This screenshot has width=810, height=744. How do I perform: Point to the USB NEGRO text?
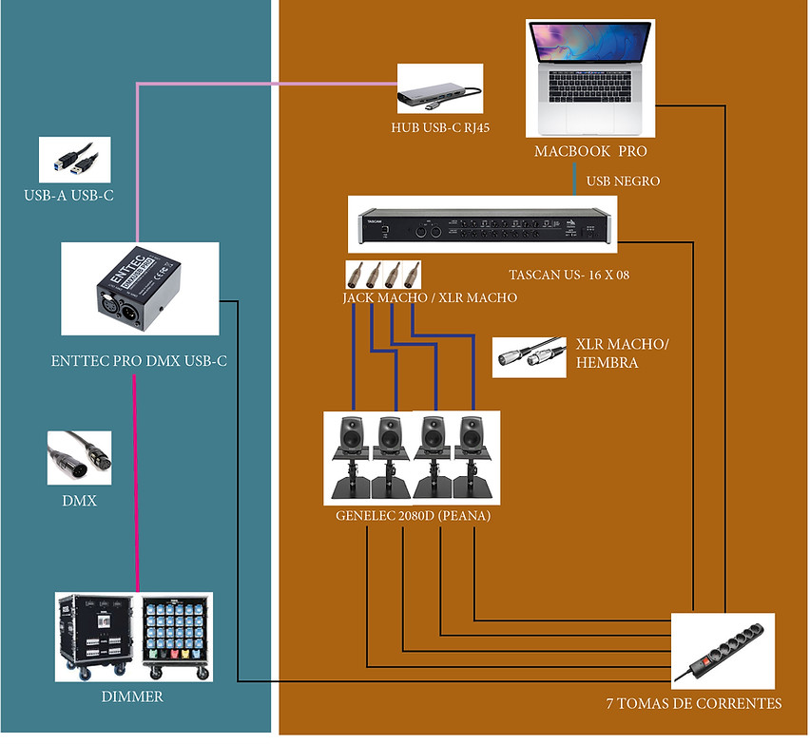pyautogui.click(x=623, y=181)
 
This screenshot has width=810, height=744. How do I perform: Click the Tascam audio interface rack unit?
pyautogui.click(x=482, y=225)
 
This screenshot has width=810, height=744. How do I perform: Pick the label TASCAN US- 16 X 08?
pyautogui.click(x=569, y=277)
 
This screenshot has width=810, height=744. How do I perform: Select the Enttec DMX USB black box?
pyautogui.click(x=139, y=289)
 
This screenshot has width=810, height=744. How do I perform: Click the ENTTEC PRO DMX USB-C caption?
pyautogui.click(x=139, y=361)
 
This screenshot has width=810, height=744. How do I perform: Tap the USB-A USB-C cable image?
pyautogui.click(x=74, y=160)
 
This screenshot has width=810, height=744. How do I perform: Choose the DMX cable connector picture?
pyautogui.click(x=80, y=458)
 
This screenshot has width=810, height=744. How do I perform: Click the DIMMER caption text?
pyautogui.click(x=132, y=697)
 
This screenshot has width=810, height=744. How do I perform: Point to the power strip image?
pyautogui.click(x=723, y=650)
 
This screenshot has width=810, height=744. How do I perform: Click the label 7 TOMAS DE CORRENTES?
pyautogui.click(x=693, y=704)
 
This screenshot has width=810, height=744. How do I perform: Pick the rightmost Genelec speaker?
pyautogui.click(x=472, y=456)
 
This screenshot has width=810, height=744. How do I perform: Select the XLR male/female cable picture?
pyautogui.click(x=529, y=357)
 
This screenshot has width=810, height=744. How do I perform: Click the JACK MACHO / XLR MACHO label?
pyautogui.click(x=430, y=297)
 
